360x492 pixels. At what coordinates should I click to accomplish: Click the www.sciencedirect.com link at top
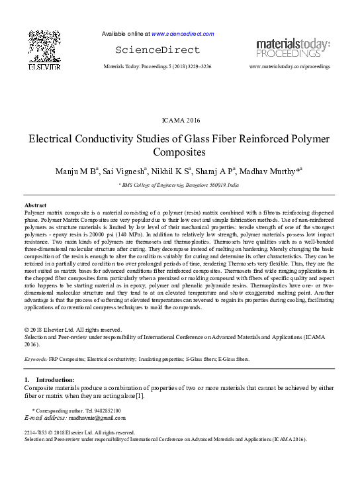[183, 33]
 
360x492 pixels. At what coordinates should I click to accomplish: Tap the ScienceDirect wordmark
[157, 50]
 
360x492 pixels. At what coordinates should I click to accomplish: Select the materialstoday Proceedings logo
[293, 48]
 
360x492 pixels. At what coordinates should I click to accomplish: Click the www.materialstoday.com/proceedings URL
[289, 67]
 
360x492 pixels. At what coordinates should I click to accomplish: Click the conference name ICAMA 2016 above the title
[180, 120]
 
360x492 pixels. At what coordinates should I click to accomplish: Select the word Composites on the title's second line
[180, 152]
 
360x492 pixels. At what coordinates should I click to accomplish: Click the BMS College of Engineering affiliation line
[180, 187]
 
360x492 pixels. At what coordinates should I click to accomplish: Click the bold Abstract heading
[35, 205]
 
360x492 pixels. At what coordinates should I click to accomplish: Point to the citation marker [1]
[140, 396]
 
